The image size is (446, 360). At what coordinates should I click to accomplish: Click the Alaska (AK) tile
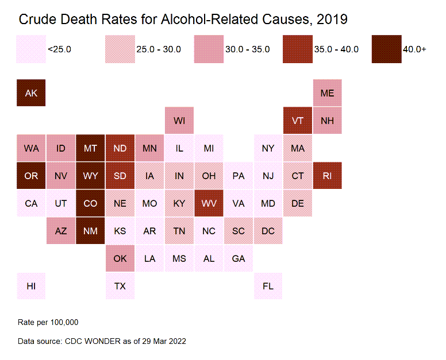pyautogui.click(x=31, y=93)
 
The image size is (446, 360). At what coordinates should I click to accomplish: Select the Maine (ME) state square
pyautogui.click(x=327, y=93)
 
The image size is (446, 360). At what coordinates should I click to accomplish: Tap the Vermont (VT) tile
pyautogui.click(x=298, y=121)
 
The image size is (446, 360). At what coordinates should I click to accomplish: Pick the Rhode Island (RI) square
pyautogui.click(x=327, y=176)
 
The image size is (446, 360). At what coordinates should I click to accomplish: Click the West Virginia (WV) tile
pyautogui.click(x=209, y=203)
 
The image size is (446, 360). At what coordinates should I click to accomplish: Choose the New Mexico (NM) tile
pyautogui.click(x=90, y=231)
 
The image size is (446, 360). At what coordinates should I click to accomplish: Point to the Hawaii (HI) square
pyautogui.click(x=31, y=286)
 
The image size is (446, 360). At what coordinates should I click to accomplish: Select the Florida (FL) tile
pyautogui.click(x=268, y=286)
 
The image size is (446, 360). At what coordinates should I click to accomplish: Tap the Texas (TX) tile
pyautogui.click(x=120, y=286)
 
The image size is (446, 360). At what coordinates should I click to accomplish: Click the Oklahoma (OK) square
pyautogui.click(x=120, y=258)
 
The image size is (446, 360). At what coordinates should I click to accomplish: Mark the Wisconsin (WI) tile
pyautogui.click(x=179, y=121)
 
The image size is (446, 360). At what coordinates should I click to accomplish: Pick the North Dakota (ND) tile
pyautogui.click(x=120, y=148)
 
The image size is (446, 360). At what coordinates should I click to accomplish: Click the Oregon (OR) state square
pyautogui.click(x=31, y=176)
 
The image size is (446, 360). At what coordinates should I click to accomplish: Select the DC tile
pyautogui.click(x=268, y=231)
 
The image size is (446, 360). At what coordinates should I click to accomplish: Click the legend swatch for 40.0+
pyautogui.click(x=386, y=49)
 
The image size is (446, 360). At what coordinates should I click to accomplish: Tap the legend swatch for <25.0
pyautogui.click(x=31, y=49)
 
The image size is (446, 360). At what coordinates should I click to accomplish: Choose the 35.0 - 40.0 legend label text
pyautogui.click(x=336, y=49)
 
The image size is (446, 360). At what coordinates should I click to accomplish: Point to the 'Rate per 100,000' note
pyautogui.click(x=48, y=322)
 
